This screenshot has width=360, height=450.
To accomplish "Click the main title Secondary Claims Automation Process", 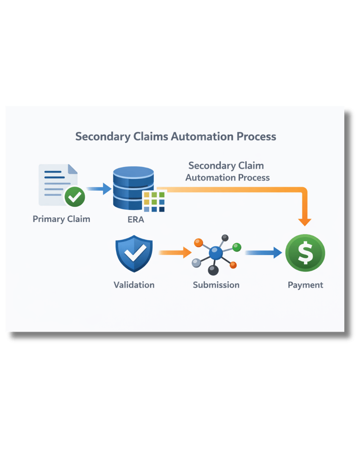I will (175, 136).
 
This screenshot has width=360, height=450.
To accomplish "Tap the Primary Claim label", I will (61, 219).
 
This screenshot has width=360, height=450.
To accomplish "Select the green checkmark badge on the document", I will (75, 196).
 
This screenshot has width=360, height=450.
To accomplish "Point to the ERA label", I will (136, 219).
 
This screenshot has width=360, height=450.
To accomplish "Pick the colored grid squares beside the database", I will (154, 202).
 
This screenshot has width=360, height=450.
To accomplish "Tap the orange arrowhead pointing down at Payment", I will (305, 221).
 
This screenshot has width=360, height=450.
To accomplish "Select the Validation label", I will (134, 285).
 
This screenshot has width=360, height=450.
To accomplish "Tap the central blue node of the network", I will (216, 253).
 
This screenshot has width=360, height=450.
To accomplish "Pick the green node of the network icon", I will (237, 247).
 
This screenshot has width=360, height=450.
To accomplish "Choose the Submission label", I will (216, 285).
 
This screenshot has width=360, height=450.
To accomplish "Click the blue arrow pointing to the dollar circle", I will (263, 253).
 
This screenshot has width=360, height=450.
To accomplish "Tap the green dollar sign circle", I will (305, 253).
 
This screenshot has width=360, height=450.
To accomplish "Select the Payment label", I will (305, 285).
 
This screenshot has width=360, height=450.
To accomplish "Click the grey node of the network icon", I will (196, 263).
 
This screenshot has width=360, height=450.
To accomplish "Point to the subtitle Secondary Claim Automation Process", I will (227, 171).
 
